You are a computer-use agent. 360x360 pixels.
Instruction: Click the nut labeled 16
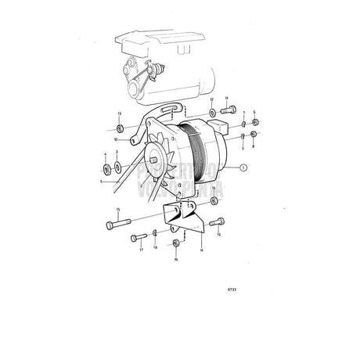(176, 243)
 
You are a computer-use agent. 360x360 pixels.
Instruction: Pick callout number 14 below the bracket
(202, 251)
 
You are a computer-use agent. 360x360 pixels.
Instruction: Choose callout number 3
(118, 156)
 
